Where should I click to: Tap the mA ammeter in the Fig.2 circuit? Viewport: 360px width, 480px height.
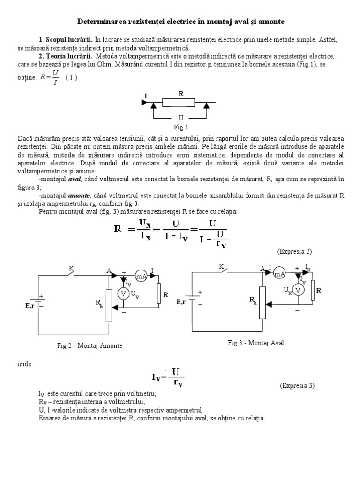141,276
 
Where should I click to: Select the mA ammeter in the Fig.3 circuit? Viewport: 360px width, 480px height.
279,274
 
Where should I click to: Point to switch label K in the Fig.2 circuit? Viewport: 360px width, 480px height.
71,268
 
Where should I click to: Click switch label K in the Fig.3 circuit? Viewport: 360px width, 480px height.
221,266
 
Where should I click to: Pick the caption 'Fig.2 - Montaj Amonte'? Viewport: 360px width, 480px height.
90,345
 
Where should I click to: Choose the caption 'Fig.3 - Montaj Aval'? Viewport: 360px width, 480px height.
256,343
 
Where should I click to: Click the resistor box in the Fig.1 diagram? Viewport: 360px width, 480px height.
179,102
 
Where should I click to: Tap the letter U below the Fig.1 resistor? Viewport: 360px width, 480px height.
180,118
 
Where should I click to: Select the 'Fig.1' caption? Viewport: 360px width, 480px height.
180,127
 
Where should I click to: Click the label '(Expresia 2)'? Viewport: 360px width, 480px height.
294,251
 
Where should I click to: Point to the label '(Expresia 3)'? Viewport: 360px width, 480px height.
298,385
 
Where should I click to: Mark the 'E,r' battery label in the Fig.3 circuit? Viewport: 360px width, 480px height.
183,302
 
